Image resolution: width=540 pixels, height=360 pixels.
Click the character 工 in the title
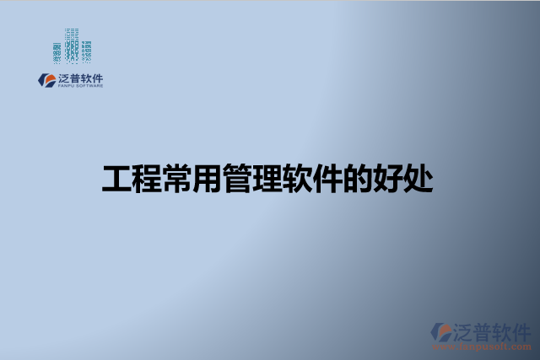click(x=116, y=179)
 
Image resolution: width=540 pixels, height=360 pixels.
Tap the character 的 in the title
click(x=358, y=179)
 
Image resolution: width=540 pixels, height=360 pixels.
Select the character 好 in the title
click(x=388, y=179)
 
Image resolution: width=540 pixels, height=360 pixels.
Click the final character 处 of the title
click(x=418, y=179)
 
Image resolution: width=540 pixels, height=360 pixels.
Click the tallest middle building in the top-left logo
click(x=72, y=44)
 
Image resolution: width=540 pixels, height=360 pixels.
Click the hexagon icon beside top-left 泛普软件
click(x=46, y=79)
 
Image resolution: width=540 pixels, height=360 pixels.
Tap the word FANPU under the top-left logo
click(x=67, y=86)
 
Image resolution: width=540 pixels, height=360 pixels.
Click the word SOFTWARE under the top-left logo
click(x=90, y=86)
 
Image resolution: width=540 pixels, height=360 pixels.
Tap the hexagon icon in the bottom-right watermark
click(x=441, y=331)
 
